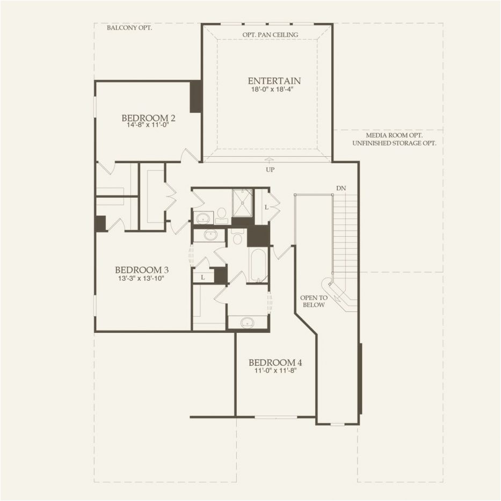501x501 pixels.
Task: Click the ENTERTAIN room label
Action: pos(274,81)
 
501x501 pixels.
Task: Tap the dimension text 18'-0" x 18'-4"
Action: pos(274,90)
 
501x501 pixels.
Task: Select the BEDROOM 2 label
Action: pos(149,118)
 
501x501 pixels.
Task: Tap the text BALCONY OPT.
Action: pos(129,27)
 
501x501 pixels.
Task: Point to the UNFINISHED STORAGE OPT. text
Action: pos(393,143)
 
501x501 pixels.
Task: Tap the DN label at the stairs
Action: pos(340,188)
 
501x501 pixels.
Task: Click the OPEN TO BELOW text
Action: pos(314,301)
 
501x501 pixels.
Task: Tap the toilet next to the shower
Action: pos(222,215)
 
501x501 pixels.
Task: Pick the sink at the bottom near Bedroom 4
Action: pos(247,322)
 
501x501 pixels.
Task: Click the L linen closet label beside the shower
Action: pos(266,207)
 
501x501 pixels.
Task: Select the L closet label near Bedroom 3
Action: pos(202,277)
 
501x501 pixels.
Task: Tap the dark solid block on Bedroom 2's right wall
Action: pos(195,97)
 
